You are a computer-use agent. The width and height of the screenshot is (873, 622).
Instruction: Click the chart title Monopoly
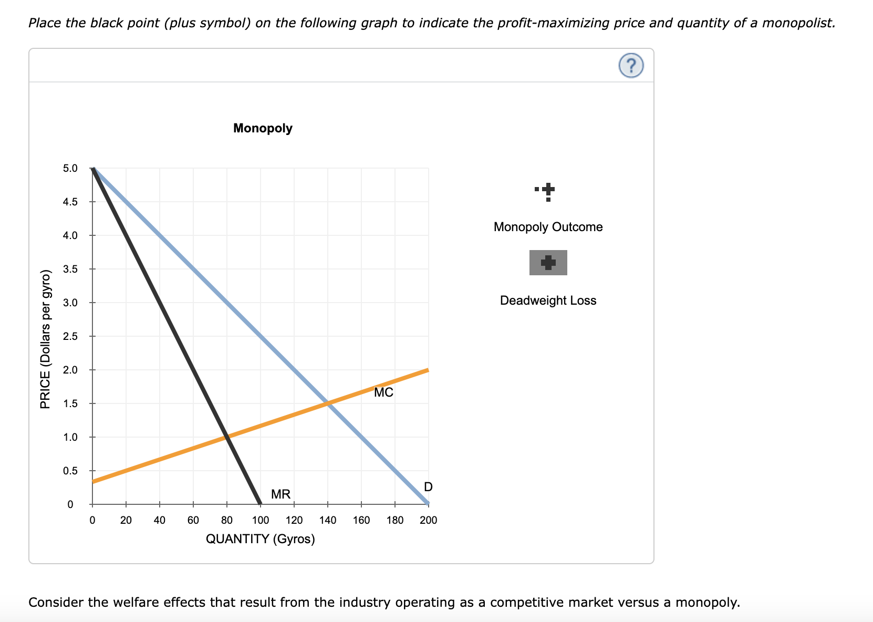(263, 128)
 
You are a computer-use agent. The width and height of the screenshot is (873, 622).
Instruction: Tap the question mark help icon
(631, 66)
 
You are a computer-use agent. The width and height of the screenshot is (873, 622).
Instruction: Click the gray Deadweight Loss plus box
(548, 263)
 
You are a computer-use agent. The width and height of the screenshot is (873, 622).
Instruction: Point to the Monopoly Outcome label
(548, 227)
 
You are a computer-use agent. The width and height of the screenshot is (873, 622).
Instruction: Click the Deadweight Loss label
(548, 300)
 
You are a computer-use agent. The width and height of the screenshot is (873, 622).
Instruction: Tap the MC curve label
(383, 393)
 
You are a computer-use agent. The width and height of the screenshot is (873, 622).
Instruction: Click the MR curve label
(280, 494)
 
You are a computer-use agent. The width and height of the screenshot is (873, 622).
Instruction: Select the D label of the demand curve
(428, 487)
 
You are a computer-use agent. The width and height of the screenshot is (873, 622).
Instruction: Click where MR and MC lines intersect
(227, 437)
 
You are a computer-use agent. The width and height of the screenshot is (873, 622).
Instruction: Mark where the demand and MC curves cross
(328, 403)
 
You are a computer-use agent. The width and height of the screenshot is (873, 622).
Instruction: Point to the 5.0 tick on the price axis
(70, 169)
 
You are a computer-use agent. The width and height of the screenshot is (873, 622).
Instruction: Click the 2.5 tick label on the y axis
(70, 336)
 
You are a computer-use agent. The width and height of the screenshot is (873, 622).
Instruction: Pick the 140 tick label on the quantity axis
(328, 520)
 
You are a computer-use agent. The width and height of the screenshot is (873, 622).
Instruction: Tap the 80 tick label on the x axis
(227, 520)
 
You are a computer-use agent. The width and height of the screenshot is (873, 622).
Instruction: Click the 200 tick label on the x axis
(429, 520)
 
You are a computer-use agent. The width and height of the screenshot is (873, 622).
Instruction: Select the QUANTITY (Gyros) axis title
(261, 539)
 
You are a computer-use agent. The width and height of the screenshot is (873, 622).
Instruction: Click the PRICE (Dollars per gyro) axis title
(46, 339)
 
